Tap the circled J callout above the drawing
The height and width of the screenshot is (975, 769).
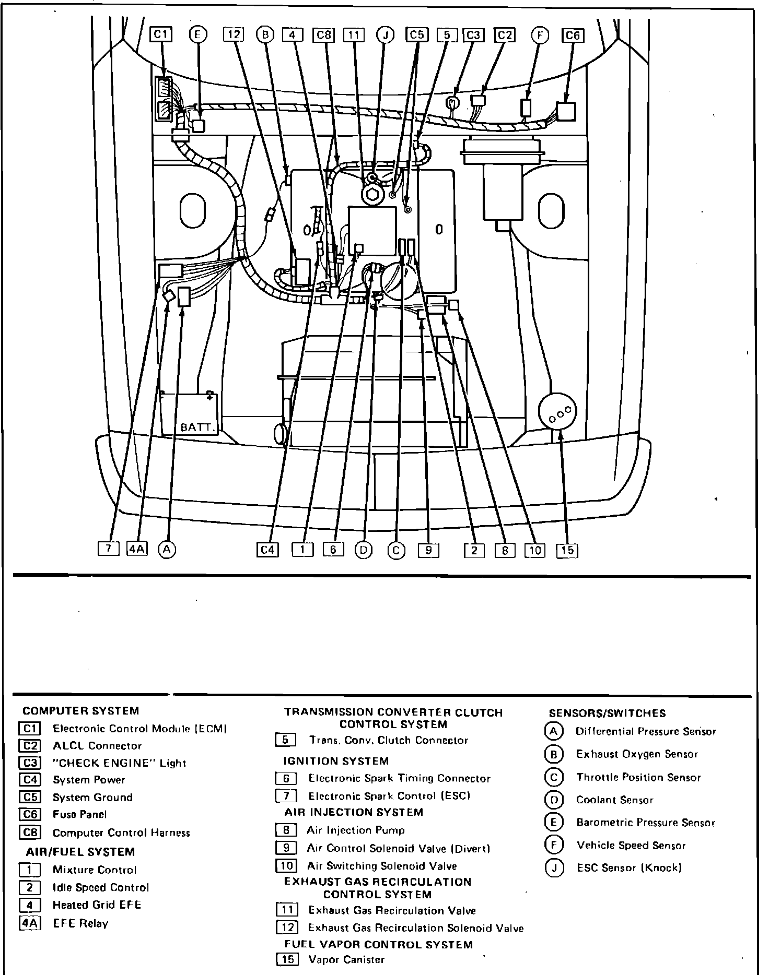click(386, 35)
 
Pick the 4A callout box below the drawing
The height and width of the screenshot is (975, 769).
click(137, 549)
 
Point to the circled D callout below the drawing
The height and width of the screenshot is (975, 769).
click(364, 550)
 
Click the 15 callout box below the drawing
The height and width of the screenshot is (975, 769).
click(567, 550)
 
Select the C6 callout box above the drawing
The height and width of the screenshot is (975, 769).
click(573, 35)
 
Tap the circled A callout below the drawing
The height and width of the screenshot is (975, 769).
click(167, 549)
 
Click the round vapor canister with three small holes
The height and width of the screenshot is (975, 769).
click(557, 412)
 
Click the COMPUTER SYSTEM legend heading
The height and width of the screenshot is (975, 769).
click(81, 710)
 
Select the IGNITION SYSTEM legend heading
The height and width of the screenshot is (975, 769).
click(336, 761)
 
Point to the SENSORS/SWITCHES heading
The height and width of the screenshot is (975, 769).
click(607, 713)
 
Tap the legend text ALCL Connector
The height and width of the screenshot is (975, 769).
click(97, 746)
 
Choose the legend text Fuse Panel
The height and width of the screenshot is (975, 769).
click(79, 814)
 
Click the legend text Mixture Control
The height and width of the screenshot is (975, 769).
click(94, 870)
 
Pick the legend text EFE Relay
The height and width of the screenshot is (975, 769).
click(80, 923)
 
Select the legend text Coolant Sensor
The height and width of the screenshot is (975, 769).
click(614, 800)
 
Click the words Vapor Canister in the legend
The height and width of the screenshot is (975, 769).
click(346, 959)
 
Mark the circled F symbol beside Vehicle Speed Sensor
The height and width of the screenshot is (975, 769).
click(553, 845)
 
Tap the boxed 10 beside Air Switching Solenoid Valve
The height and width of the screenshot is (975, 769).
click(286, 866)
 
